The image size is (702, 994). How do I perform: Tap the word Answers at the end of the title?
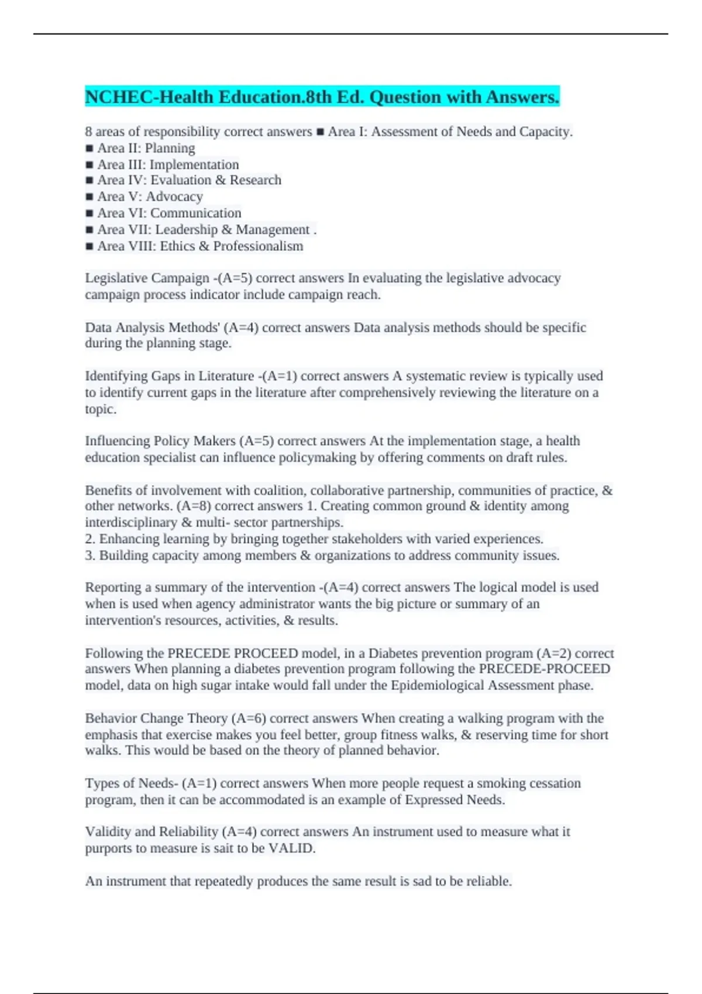(x=520, y=97)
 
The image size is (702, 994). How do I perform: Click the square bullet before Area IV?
(x=90, y=181)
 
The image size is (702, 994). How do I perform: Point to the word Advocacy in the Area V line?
(x=174, y=197)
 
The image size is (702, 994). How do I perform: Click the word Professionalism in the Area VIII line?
(x=258, y=246)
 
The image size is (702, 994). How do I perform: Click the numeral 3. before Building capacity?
(x=90, y=555)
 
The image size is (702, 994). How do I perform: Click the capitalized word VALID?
(x=291, y=848)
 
